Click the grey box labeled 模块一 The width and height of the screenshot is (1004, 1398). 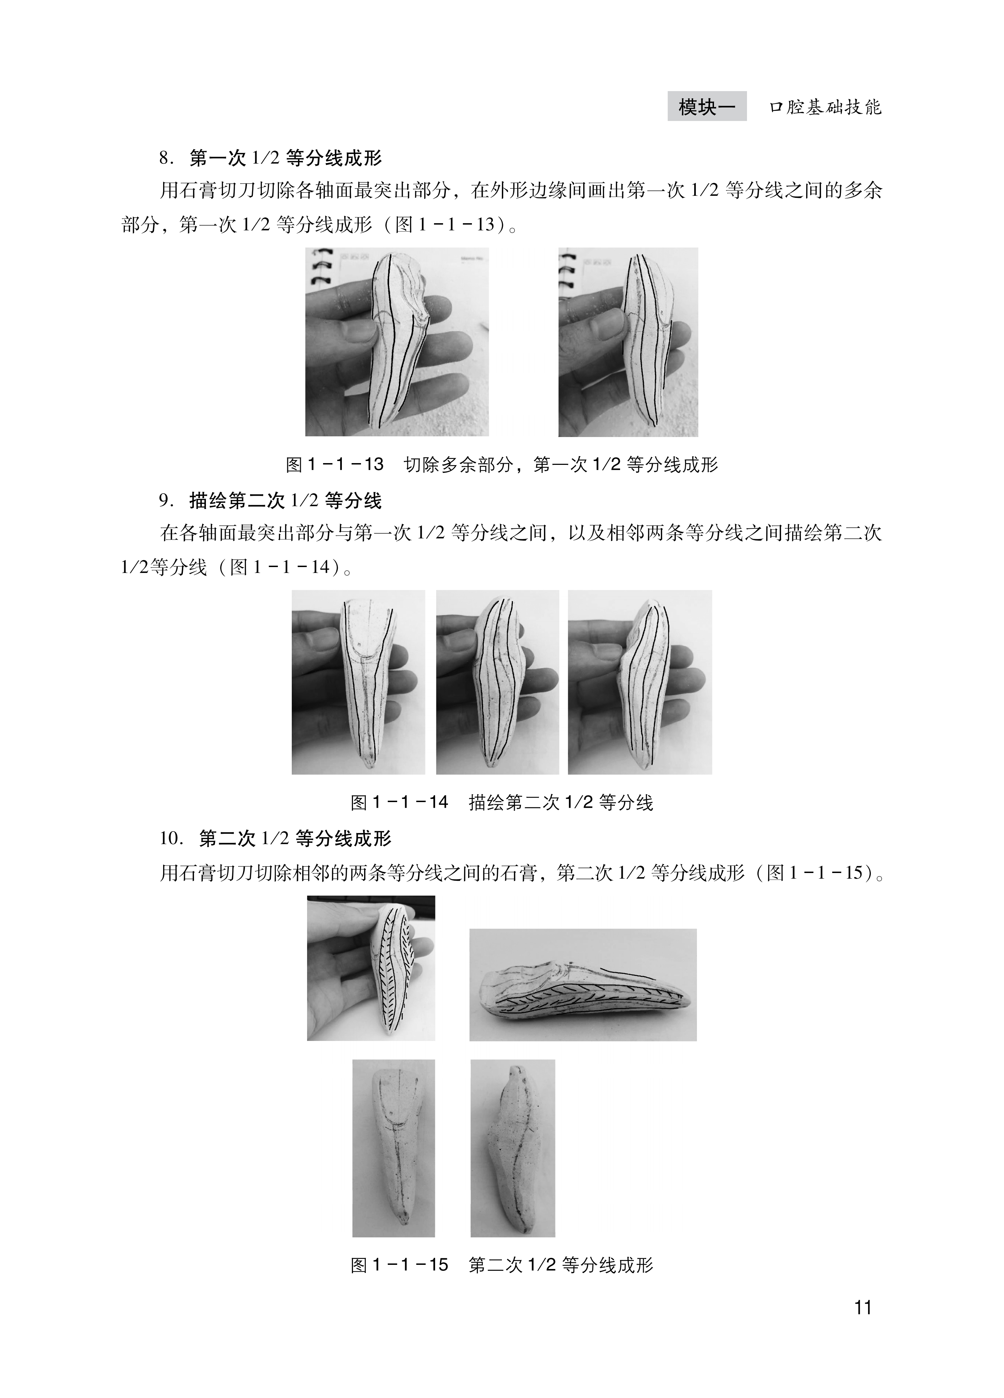coord(707,107)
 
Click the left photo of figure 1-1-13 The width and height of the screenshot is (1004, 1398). coord(397,342)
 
